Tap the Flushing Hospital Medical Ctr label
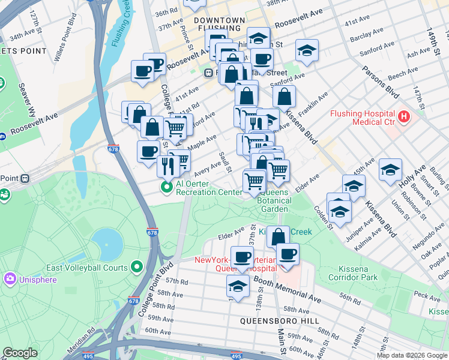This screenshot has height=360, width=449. (x=361, y=118)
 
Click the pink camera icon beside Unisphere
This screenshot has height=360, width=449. (x=10, y=279)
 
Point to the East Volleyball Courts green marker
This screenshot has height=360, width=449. (x=137, y=268)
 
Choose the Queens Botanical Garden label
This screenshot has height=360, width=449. (x=274, y=196)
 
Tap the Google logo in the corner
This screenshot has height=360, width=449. (x=20, y=353)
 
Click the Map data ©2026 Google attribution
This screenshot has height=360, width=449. (x=412, y=355)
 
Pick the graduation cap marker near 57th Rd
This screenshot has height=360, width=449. (x=238, y=287)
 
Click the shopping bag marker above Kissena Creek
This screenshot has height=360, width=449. (x=277, y=237)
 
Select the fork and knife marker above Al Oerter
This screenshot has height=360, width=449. (x=168, y=166)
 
